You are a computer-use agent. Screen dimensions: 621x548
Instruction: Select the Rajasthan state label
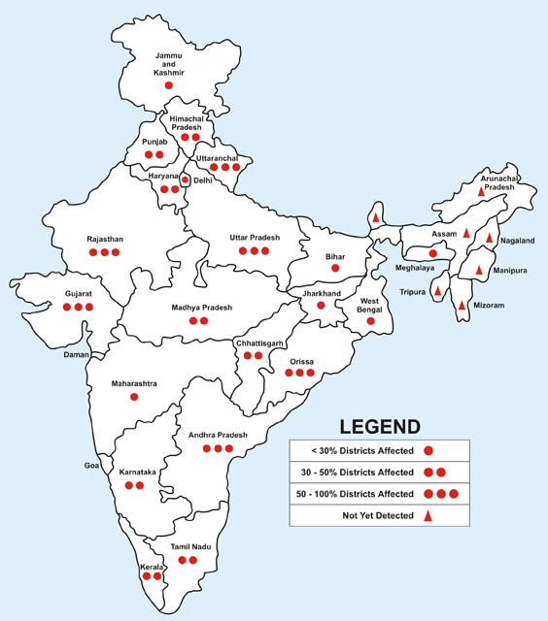coord(104,238)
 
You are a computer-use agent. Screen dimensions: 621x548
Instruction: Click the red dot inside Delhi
coord(185,180)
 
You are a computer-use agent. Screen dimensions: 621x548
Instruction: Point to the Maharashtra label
coord(134,383)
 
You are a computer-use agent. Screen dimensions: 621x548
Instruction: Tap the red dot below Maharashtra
coord(134,398)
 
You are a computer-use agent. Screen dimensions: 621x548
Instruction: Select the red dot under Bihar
coord(335,267)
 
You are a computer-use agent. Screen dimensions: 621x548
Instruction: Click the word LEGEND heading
coord(379,426)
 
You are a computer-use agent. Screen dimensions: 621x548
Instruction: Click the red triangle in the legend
coord(428,515)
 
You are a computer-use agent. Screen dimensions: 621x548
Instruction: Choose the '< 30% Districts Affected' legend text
coord(356,450)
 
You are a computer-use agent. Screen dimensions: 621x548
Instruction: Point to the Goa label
coord(92,466)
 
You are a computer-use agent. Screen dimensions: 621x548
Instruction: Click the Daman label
coord(76,355)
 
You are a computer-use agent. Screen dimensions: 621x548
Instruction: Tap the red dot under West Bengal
coord(370,320)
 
